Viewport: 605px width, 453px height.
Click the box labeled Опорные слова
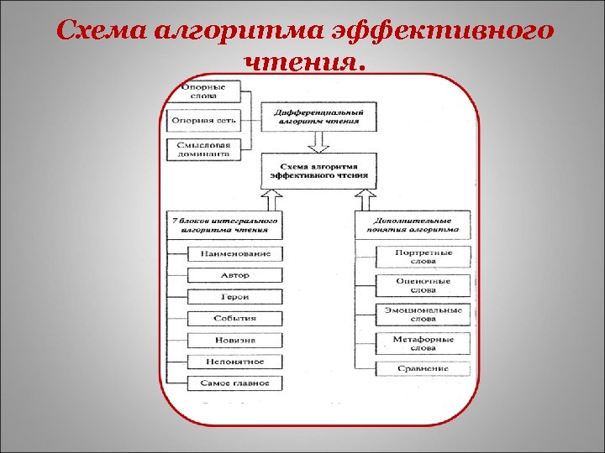pyautogui.click(x=203, y=91)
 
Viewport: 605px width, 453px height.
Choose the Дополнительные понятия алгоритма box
pyautogui.click(x=413, y=224)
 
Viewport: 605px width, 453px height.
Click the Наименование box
pyautogui.click(x=234, y=253)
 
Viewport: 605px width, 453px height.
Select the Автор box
pyautogui.click(x=234, y=275)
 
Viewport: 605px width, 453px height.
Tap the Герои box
pyautogui.click(x=234, y=297)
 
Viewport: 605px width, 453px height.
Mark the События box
pyautogui.click(x=234, y=319)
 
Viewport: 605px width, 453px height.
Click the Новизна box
pyautogui.click(x=234, y=341)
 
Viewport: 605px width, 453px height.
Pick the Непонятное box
pyautogui.click(x=234, y=362)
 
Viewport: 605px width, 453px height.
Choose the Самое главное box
pyautogui.click(x=234, y=383)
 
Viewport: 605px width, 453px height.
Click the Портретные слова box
pyautogui.click(x=423, y=257)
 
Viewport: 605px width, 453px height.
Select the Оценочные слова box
pyautogui.click(x=423, y=286)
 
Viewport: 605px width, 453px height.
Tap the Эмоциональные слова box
pyautogui.click(x=423, y=315)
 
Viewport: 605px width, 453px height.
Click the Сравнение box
pyautogui.click(x=423, y=368)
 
